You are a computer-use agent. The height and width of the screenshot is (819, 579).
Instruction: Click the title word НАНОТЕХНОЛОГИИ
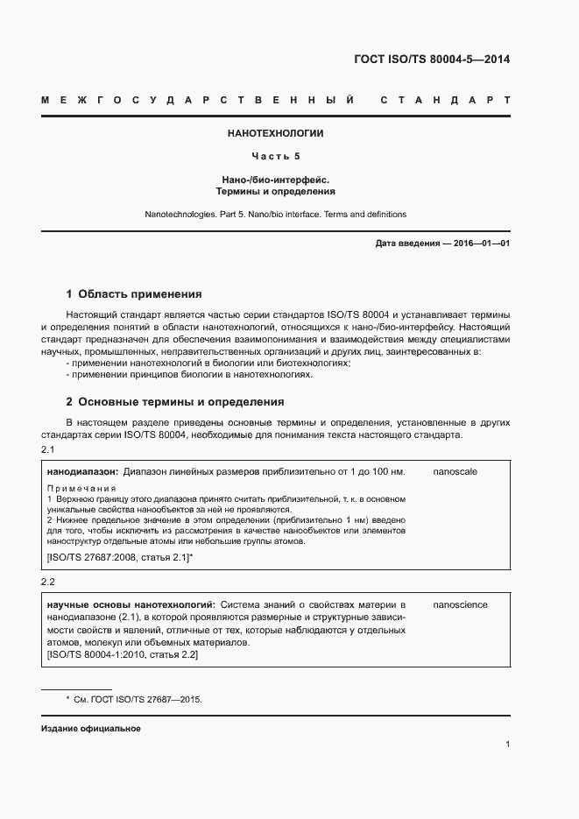click(276, 134)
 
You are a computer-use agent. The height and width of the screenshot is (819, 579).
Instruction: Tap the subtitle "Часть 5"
click(276, 157)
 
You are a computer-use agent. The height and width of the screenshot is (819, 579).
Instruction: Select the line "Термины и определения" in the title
click(276, 191)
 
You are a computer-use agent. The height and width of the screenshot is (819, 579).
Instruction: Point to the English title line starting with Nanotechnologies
click(276, 215)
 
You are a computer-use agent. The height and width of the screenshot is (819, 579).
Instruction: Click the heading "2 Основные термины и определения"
click(175, 402)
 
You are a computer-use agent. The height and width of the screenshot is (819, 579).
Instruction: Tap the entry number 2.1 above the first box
click(48, 450)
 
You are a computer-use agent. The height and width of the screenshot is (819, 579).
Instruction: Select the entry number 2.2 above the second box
click(48, 583)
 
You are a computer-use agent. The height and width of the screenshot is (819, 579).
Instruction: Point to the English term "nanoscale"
click(455, 472)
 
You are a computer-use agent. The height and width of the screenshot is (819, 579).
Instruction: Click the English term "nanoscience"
click(461, 605)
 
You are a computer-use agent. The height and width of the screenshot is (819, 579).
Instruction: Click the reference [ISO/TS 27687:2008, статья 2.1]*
click(120, 557)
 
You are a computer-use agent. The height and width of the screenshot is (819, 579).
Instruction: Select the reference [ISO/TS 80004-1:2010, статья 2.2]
click(123, 655)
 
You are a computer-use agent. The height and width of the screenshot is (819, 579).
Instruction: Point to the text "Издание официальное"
click(91, 729)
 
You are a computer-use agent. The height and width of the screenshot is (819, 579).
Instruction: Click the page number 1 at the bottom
click(508, 745)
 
